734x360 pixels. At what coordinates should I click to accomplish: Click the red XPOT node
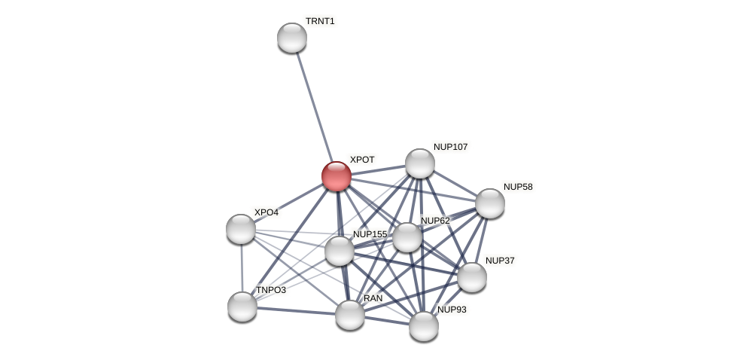[x=337, y=176]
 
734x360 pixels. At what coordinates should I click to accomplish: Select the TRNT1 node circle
[x=292, y=38]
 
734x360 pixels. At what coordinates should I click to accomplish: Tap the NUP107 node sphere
[x=420, y=163]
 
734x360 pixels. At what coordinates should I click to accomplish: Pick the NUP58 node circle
[x=490, y=203]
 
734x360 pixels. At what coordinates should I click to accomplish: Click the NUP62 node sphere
[x=407, y=237]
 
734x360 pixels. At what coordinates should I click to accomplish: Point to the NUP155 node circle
[x=340, y=251]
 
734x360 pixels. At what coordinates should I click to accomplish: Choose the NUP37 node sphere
[x=472, y=277]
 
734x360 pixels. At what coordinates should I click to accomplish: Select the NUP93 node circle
[x=424, y=326]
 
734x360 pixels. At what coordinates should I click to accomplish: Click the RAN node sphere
[x=350, y=315]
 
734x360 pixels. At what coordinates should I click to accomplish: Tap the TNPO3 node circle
[x=242, y=307]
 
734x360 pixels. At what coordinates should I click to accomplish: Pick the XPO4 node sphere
[x=241, y=229]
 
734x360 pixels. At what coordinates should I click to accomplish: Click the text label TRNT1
[x=320, y=21]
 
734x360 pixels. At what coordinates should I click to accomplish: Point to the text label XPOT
[x=362, y=160]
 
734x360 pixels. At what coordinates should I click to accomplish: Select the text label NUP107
[x=450, y=147]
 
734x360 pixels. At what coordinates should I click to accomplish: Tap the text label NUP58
[x=518, y=187]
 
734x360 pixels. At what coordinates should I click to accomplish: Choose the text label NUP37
[x=500, y=261]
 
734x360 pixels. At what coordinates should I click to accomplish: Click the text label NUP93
[x=452, y=310]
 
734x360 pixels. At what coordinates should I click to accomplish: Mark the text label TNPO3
[x=271, y=290]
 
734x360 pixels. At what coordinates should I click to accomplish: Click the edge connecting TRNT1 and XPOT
[x=314, y=106]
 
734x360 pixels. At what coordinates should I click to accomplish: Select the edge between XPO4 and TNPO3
[x=242, y=267]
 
